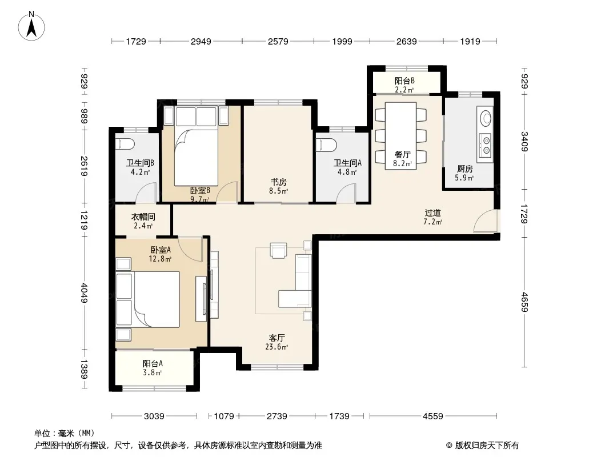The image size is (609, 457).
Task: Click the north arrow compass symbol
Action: (x=31, y=26)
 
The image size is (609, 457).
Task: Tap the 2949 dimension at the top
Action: (x=201, y=41)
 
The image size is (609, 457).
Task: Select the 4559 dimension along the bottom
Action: (x=432, y=416)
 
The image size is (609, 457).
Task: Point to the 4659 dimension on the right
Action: (x=524, y=302)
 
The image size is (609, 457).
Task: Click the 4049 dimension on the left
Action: (x=85, y=292)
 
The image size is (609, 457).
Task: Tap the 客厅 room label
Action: (x=277, y=338)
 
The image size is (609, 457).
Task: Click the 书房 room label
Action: (x=278, y=182)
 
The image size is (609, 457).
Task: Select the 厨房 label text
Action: (x=465, y=169)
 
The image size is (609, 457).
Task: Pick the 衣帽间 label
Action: (x=143, y=217)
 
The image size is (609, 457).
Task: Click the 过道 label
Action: (x=432, y=213)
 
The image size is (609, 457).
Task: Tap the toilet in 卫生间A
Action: (x=327, y=145)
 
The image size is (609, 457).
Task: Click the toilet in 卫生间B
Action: (x=125, y=144)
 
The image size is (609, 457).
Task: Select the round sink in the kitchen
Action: (x=486, y=118)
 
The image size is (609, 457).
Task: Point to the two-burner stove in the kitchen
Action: (x=486, y=145)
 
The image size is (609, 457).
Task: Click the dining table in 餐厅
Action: (x=400, y=135)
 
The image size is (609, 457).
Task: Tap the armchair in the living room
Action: (x=278, y=251)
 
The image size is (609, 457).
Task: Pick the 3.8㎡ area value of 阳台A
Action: (x=152, y=373)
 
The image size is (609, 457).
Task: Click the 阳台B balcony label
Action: (x=404, y=81)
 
